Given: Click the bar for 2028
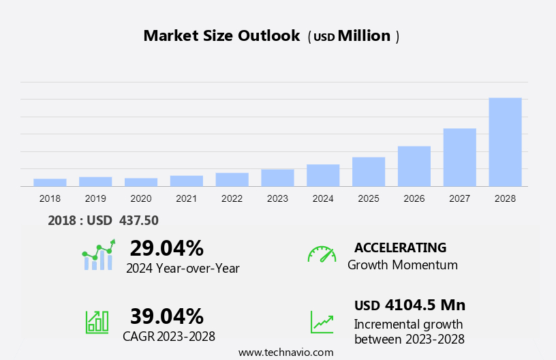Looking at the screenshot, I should [505, 142].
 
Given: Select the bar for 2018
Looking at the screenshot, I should [50, 182].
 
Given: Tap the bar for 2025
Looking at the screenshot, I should [369, 171].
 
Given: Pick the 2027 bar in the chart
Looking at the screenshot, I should [460, 157].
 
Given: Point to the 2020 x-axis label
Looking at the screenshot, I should [141, 198].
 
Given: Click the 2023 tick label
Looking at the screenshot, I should [277, 198].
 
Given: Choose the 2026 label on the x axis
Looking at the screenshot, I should [414, 198].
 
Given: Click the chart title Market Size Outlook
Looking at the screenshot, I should [221, 36].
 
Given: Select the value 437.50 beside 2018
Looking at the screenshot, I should [139, 220].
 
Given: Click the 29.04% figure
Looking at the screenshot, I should [166, 247].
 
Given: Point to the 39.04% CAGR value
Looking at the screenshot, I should [166, 316].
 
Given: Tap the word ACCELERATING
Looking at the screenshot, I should [400, 247].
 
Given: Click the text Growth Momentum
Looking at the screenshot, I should [402, 265].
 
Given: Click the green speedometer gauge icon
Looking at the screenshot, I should [322, 254].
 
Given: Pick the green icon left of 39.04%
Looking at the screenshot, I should [97, 322].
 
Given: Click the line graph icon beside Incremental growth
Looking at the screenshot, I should [322, 322].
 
